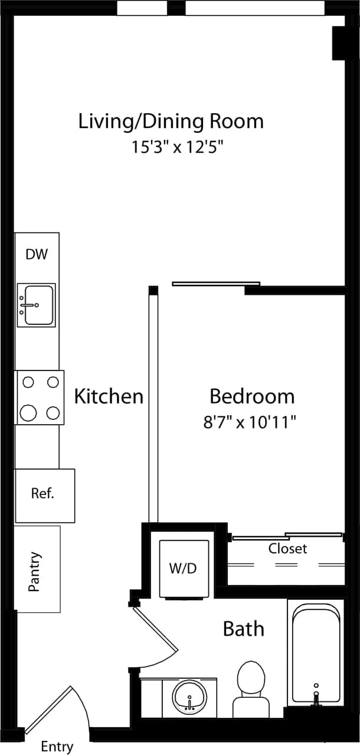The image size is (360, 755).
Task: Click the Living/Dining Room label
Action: [171, 122]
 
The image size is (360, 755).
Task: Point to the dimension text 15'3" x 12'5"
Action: [178, 147]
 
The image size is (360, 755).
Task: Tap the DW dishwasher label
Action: [37, 255]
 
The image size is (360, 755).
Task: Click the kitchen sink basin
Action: [37, 305]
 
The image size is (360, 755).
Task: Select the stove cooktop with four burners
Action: [40, 397]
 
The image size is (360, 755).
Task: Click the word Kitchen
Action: [109, 396]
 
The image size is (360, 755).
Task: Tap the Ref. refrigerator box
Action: [44, 495]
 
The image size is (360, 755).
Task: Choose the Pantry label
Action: [35, 572]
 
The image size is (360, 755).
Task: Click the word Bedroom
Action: [252, 396]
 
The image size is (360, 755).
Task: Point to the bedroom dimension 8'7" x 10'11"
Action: [249, 422]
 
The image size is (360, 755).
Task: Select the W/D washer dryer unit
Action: [184, 569]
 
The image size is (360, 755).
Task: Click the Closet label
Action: [287, 549]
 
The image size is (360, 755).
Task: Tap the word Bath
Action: [243, 629]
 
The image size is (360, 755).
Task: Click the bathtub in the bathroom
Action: [316, 652]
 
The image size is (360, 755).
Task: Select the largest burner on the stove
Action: [28, 412]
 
